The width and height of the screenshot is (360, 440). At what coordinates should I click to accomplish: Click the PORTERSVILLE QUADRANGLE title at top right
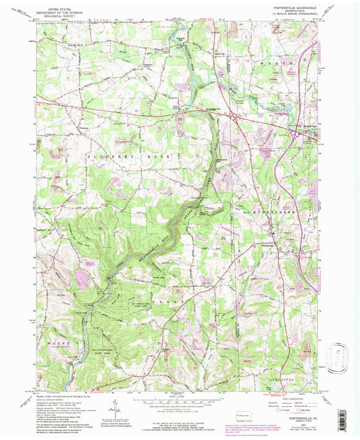(299, 7)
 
